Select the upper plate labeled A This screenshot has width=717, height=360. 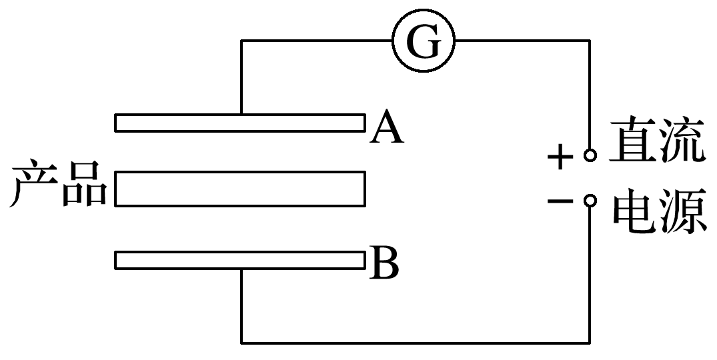[239, 123]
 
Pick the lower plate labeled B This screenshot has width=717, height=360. [239, 260]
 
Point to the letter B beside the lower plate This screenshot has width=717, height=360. [384, 264]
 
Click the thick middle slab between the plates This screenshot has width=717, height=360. [239, 189]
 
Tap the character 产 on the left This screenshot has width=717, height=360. [33, 184]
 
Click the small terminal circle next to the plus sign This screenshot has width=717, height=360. [589, 156]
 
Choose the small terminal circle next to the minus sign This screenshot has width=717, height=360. [589, 201]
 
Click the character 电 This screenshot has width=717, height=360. [634, 213]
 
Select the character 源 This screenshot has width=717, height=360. [682, 213]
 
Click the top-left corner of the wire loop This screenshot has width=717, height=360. [241, 41]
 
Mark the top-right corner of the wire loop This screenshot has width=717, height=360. [589, 41]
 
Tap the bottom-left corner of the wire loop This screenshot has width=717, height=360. [241, 342]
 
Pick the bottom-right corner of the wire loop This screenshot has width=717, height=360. [589, 342]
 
